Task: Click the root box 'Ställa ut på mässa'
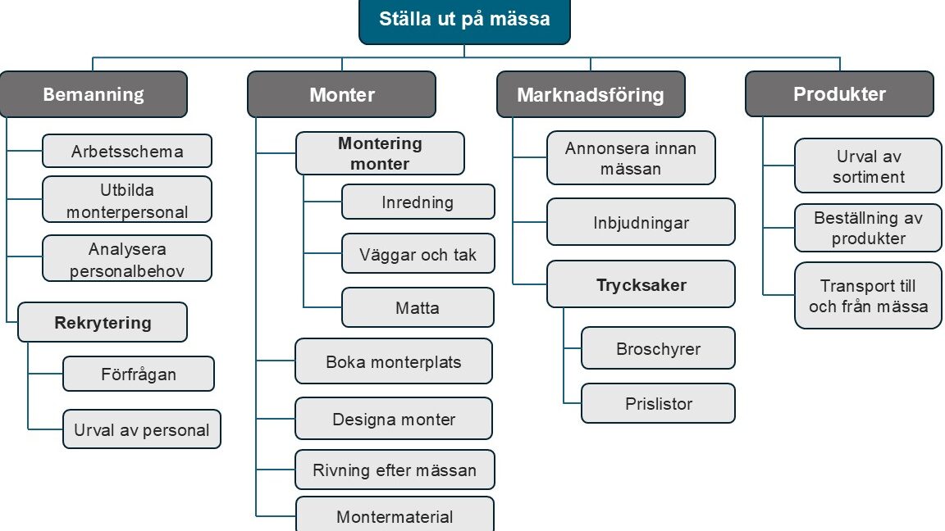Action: click(464, 20)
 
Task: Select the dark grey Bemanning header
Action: click(94, 94)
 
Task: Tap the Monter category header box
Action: click(342, 94)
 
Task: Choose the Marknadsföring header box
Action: click(591, 94)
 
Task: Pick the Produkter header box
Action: click(839, 94)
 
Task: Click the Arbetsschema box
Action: click(127, 151)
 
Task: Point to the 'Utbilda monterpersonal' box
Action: click(127, 199)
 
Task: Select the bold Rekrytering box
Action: click(103, 322)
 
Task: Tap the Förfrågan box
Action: click(139, 374)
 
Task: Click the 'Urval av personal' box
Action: click(142, 429)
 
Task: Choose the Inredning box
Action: click(418, 202)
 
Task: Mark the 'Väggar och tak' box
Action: click(418, 253)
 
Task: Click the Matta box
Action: click(418, 307)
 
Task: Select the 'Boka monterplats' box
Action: click(394, 361)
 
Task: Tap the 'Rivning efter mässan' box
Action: click(395, 470)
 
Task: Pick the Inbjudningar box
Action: click(641, 222)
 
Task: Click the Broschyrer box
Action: click(658, 348)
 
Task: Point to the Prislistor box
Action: click(658, 403)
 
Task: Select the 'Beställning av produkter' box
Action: click(868, 228)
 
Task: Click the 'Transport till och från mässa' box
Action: click(868, 296)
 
